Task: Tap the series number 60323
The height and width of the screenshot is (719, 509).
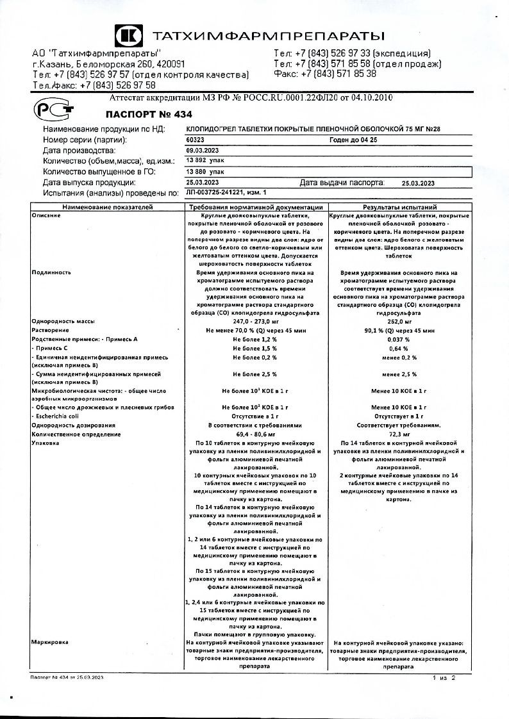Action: point(195,139)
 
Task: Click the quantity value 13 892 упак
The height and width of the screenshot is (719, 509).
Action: point(205,160)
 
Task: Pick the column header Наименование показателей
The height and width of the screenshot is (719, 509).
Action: point(108,208)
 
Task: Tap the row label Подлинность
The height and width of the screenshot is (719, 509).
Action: point(49,272)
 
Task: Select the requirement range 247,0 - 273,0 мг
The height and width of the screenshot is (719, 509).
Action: point(254,320)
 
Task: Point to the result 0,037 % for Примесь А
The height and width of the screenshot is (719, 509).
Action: point(399,338)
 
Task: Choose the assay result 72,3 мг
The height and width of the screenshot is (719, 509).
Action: point(399,434)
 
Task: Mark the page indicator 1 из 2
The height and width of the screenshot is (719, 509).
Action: point(444,677)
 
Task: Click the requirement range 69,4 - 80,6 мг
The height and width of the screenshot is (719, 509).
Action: point(254,434)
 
